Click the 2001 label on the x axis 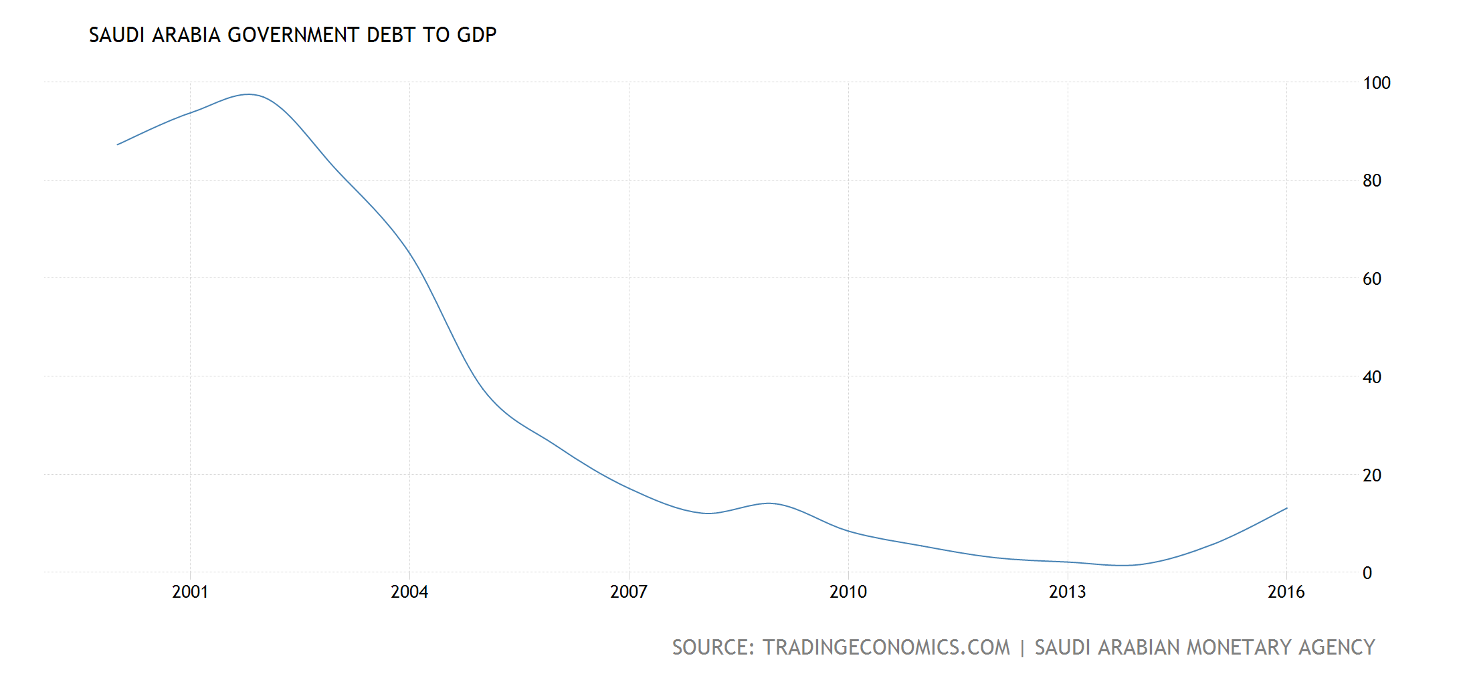click(190, 592)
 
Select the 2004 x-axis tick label click(409, 592)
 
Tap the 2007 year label click(629, 592)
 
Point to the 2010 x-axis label click(848, 592)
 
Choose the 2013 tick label click(1068, 592)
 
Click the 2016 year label click(1286, 592)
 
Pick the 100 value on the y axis click(1377, 84)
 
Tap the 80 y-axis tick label click(1372, 181)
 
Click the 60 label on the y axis click(1372, 279)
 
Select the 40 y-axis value click(1372, 377)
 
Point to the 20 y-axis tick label click(1372, 475)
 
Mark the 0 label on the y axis click(1367, 573)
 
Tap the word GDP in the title click(476, 35)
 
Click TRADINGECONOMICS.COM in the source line click(886, 647)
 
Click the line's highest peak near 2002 click(249, 94)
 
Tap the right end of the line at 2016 click(1286, 508)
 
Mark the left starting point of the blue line click(118, 144)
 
